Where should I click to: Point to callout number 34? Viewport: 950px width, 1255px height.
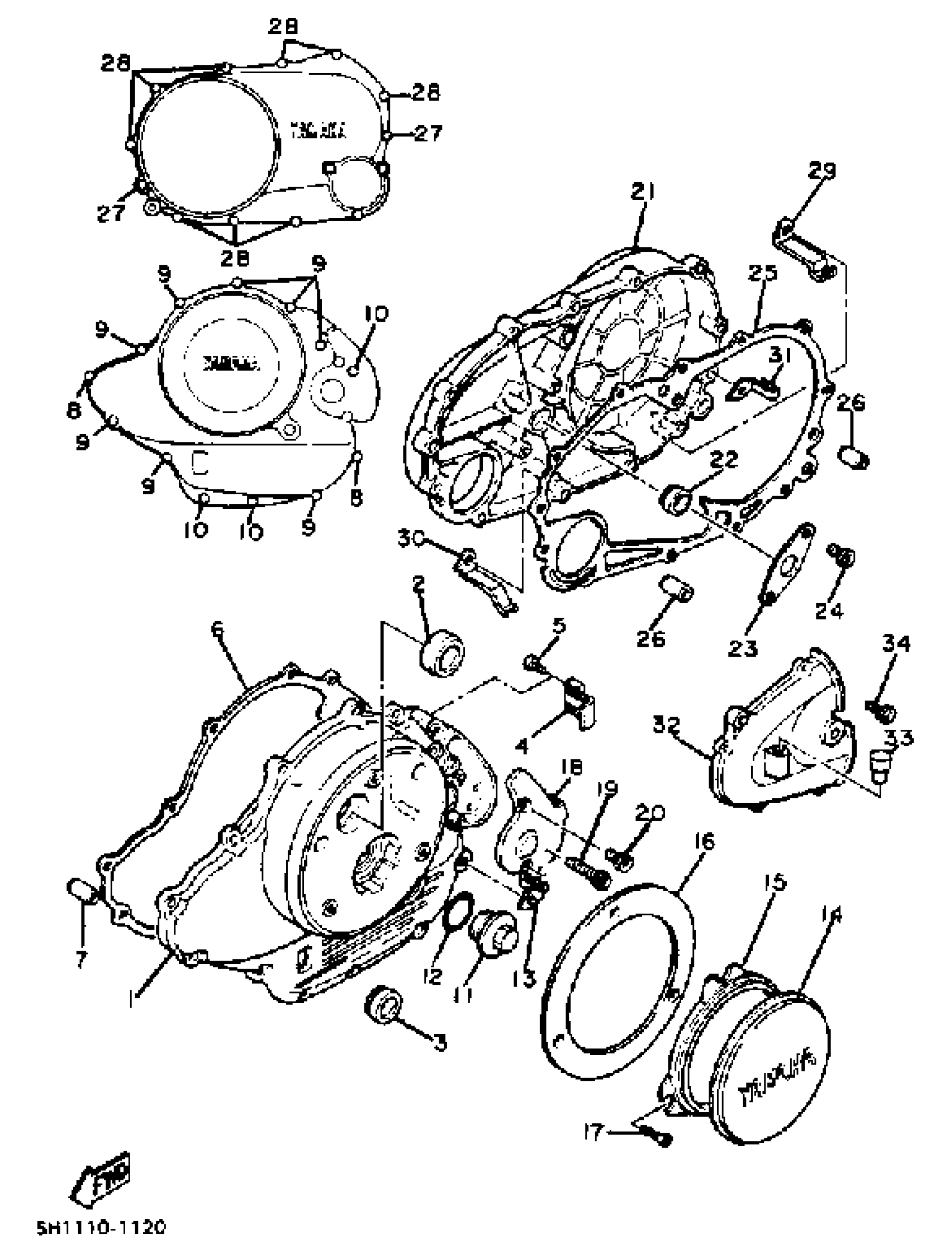point(896,645)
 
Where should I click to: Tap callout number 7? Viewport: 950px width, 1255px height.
point(80,960)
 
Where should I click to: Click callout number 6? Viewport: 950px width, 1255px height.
point(217,629)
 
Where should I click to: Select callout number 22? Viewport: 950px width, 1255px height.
point(725,460)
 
